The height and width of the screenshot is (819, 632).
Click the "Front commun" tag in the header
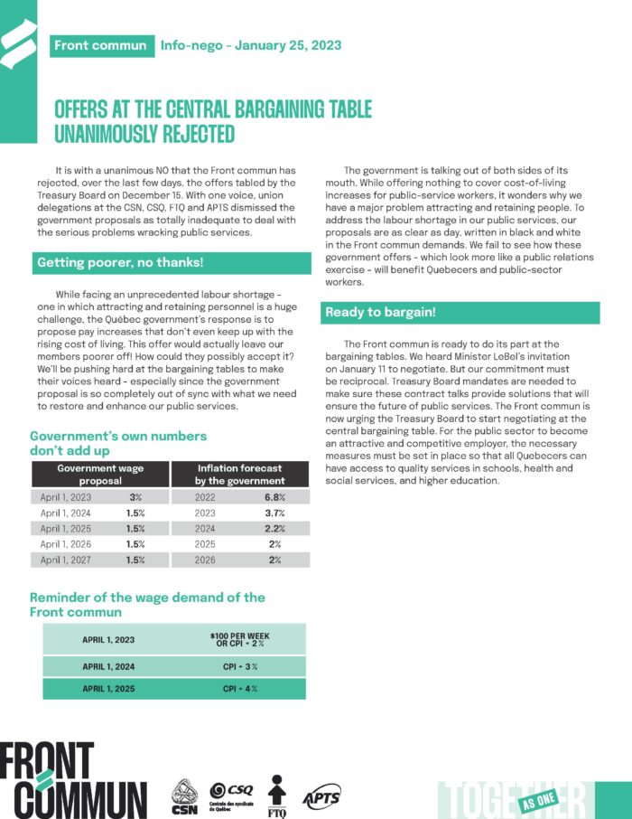coord(99,45)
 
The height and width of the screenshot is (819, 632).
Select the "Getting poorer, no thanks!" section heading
coord(120,263)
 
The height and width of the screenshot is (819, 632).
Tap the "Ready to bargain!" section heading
coord(379,312)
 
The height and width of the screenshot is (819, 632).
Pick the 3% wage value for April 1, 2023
coord(136,497)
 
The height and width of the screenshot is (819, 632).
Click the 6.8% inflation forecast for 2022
coord(275,497)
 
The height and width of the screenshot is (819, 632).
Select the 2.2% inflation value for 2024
coord(275,529)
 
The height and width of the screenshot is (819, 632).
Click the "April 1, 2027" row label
coord(67,560)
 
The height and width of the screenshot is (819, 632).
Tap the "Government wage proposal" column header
coord(100,475)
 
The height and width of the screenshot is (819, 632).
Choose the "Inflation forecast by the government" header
coord(239,475)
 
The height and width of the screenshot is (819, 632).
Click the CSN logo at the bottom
coord(185,795)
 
